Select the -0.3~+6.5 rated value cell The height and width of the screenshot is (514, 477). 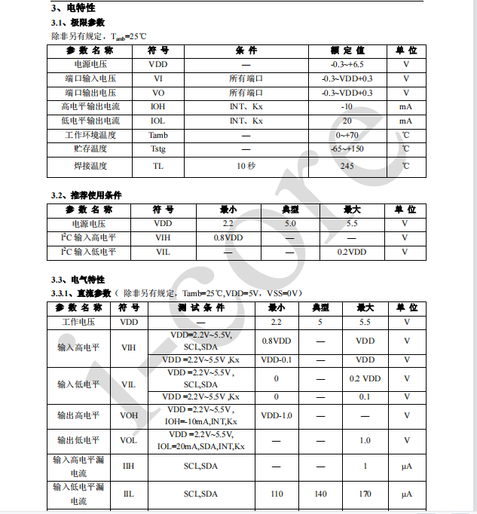coord(347,65)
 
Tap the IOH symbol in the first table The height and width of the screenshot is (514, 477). coord(157,107)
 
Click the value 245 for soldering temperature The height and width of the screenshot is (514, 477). coord(347,166)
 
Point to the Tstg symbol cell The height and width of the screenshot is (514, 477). coord(157,149)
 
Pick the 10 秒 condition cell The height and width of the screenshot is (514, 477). coord(246,166)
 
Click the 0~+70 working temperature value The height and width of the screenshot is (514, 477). coord(347,136)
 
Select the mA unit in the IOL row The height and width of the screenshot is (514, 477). coord(405,121)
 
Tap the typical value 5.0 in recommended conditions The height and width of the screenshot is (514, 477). coord(290,224)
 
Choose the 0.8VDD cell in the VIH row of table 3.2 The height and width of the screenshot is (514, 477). coord(228,238)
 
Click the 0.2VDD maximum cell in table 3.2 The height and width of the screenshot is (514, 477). coord(351,252)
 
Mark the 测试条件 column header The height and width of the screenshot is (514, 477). coord(201,308)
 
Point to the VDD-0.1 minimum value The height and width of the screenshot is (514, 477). coord(276,360)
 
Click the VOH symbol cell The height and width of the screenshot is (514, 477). coord(128,415)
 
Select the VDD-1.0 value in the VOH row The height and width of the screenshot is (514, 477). coord(276,415)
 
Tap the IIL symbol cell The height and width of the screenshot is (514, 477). coord(128,494)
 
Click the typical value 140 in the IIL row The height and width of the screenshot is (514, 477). coord(321,494)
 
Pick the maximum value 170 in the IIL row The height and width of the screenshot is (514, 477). coord(365,494)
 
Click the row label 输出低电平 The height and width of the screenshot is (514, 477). coord(78,440)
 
